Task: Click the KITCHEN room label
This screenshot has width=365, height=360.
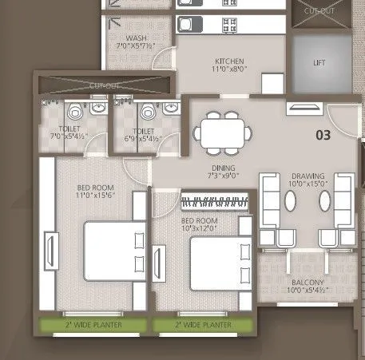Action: coord(228,61)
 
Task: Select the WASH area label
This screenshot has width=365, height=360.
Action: coord(135,38)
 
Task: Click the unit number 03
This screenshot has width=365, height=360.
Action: coord(323,135)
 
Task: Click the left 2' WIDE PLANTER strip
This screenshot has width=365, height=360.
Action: coord(94,326)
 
